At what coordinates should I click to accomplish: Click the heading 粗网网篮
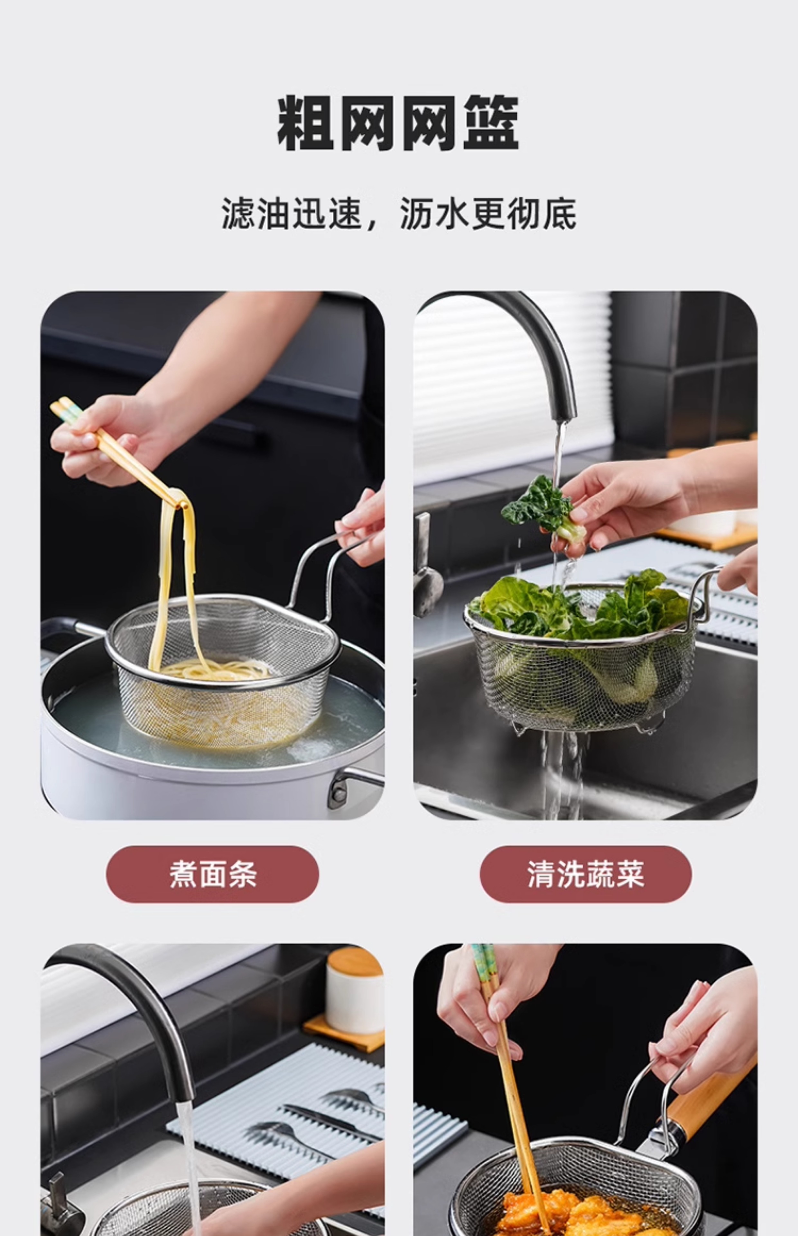click(398, 123)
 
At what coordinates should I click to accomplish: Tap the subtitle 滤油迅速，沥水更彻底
click(398, 213)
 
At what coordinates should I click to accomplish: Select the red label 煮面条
click(212, 874)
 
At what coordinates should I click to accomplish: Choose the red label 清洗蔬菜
click(586, 874)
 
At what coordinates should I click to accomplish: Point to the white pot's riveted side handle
click(352, 785)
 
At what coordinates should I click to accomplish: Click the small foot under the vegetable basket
click(650, 726)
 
